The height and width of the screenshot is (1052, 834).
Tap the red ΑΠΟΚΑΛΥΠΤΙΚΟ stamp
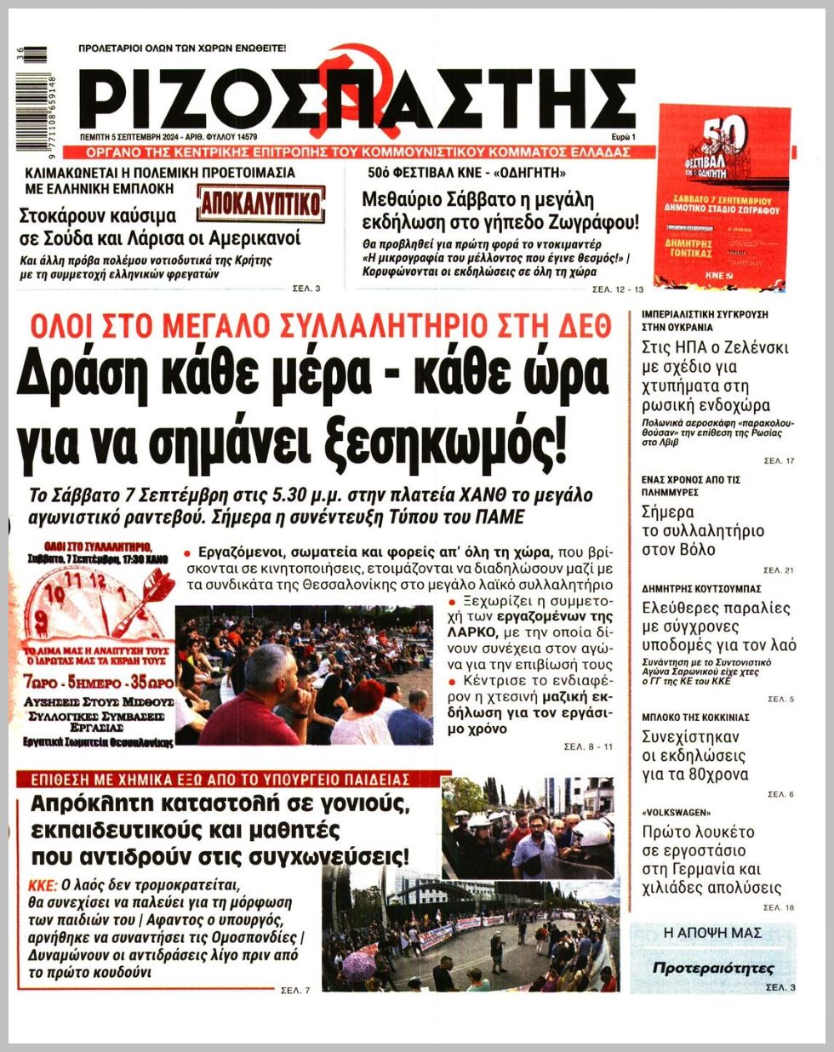[x=261, y=204]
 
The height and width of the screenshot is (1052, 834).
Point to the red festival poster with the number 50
[x=724, y=196]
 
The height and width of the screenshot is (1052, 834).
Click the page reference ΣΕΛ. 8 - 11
[x=588, y=746]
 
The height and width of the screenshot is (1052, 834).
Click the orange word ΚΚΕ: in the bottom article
[x=43, y=884]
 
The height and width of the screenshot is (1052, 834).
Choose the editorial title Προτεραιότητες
[x=713, y=968]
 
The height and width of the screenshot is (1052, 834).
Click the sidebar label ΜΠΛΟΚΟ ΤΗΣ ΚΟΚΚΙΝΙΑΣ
[x=694, y=718]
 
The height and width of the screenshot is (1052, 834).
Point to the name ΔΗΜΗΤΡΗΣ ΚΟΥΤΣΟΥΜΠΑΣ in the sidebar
[x=700, y=588]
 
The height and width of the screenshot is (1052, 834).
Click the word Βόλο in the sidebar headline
[x=695, y=550]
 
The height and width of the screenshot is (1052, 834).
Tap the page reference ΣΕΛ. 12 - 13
[x=618, y=291]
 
